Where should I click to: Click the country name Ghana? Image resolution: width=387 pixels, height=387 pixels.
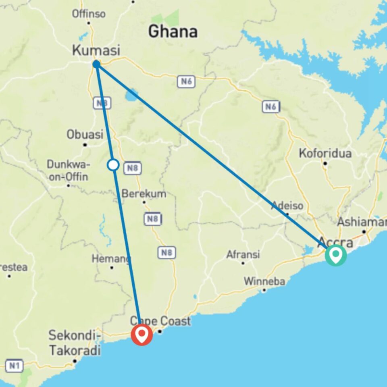coord(173,31)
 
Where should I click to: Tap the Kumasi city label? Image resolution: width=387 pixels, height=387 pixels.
coord(96,51)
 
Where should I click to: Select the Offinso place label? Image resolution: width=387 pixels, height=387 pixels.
coord(89,14)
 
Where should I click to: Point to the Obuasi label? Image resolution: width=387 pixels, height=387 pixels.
coord(85,135)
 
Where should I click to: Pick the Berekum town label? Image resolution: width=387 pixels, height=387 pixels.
coord(144,194)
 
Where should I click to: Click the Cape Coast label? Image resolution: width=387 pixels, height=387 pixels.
coord(160,321)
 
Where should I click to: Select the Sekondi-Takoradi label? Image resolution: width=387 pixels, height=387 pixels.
coord(75,343)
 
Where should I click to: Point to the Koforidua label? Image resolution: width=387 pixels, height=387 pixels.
coord(325,154)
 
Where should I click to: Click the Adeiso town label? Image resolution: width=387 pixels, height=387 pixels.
coord(287,206)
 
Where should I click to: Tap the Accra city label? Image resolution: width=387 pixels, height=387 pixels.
coord(335,243)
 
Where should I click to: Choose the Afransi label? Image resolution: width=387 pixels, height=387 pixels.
coord(243,255)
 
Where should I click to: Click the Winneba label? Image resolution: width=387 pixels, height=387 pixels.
coord(264,281)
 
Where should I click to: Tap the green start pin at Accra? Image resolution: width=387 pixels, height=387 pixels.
coord(336,254)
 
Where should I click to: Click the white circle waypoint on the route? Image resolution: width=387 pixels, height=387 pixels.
coord(114,164)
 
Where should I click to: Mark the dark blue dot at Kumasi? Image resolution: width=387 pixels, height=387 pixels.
coord(96,64)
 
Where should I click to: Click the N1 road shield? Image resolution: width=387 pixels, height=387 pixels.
coord(15,366)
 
